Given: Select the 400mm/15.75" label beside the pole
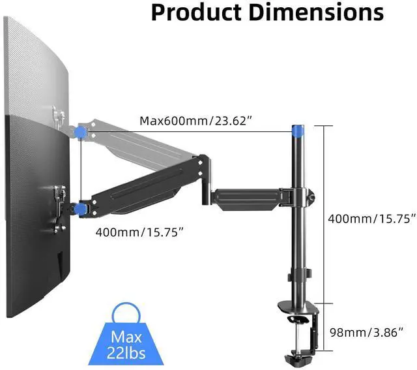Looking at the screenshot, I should [371, 219].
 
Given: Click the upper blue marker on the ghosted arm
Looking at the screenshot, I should [81, 131].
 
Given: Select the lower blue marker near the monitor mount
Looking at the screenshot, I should [81, 209].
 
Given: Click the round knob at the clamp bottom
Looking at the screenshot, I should [291, 358].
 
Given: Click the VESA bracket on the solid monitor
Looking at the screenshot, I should [61, 199].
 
